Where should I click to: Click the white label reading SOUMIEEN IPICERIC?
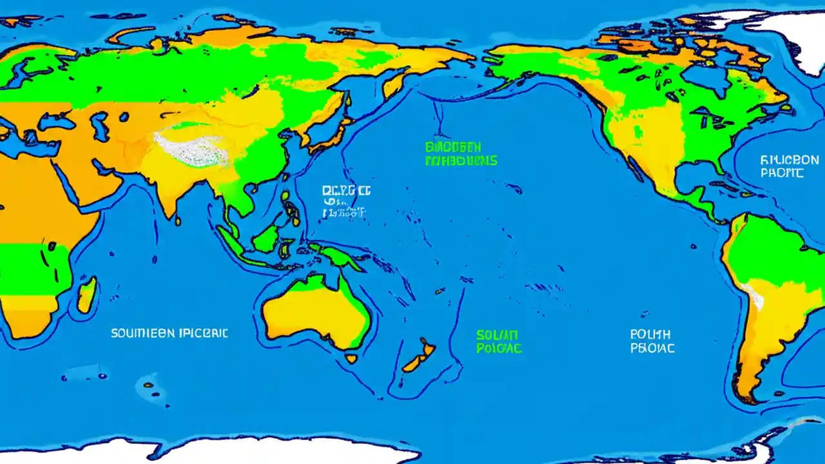169,333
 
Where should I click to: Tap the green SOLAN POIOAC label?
498,342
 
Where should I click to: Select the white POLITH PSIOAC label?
652,342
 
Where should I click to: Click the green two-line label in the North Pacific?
461,154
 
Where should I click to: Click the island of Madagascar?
87,295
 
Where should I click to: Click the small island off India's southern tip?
178,220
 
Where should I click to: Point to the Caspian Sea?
100,126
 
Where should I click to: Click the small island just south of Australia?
351,358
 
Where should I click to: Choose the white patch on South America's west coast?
754,297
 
